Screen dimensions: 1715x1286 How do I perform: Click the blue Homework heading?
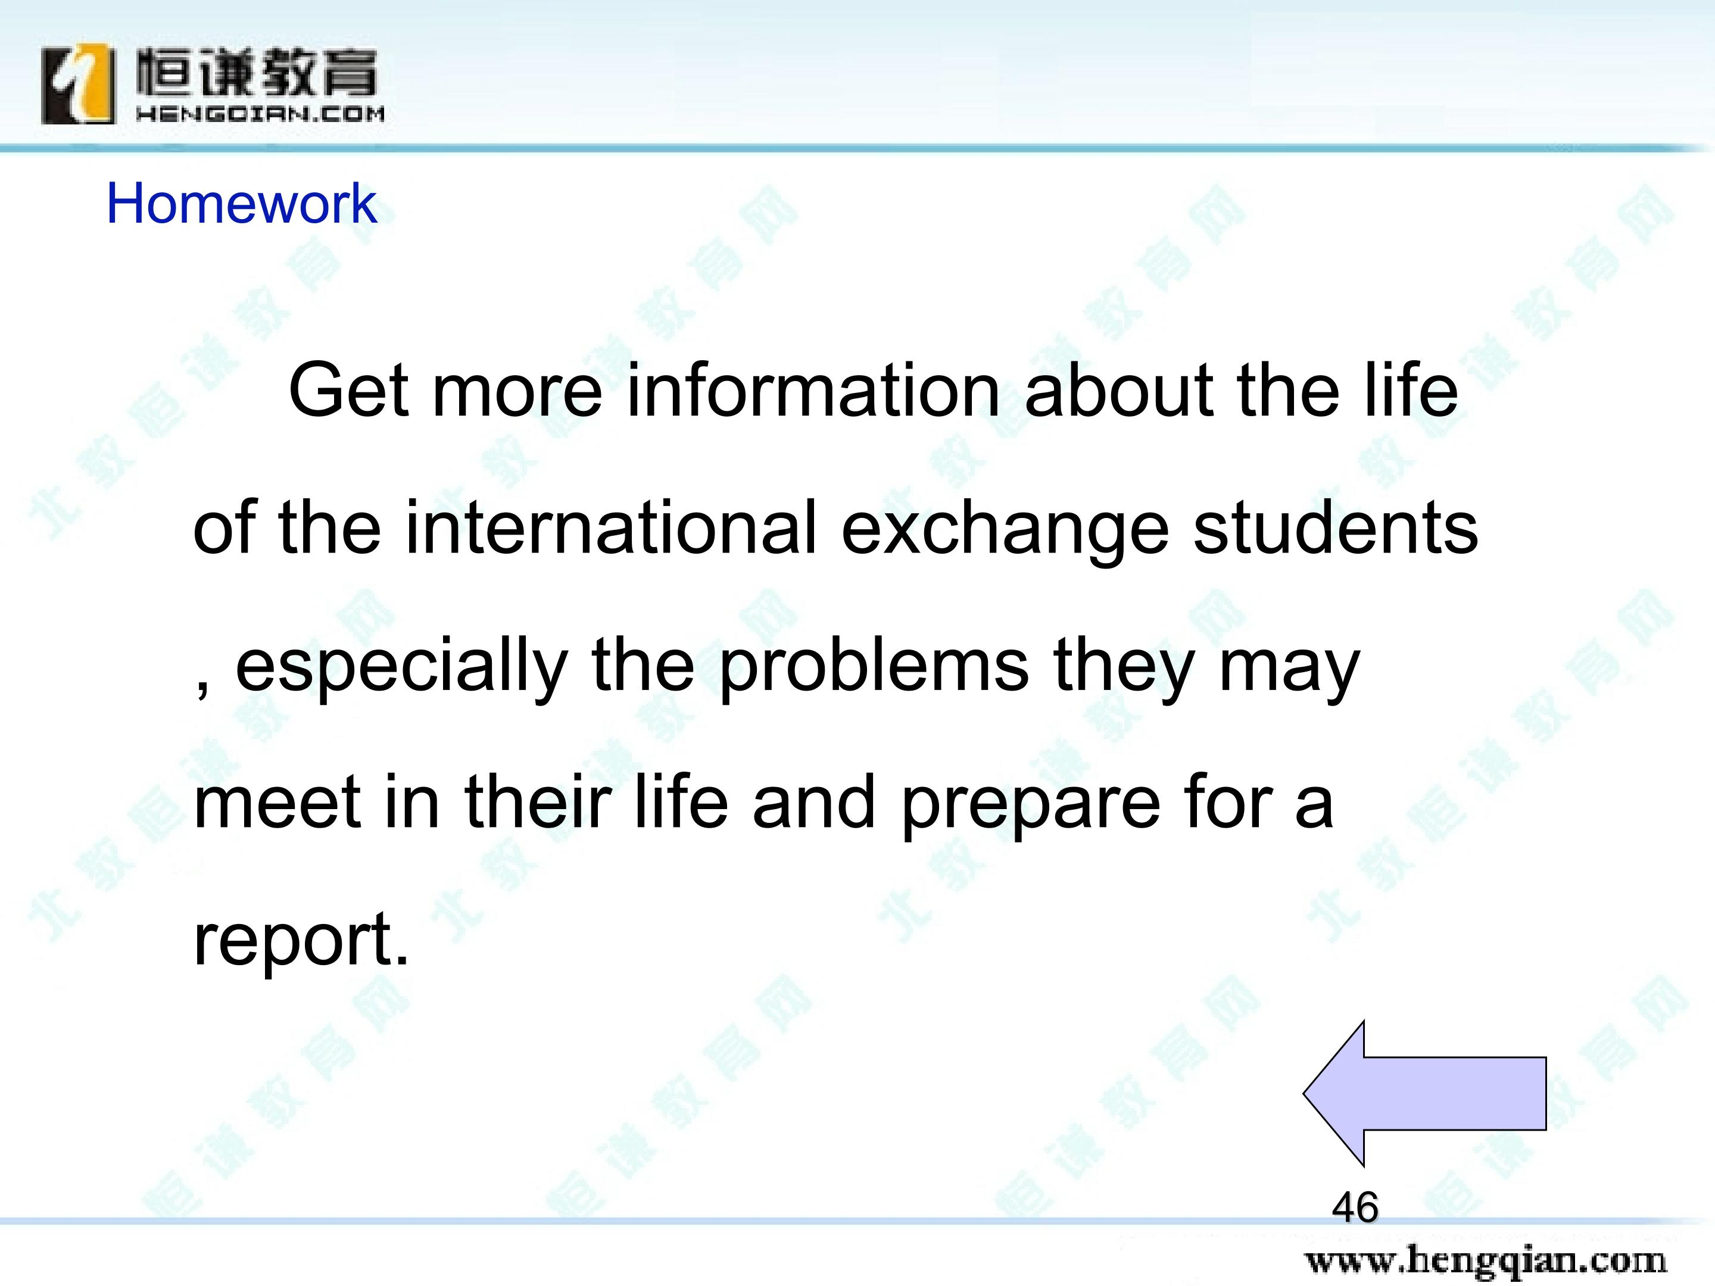(241, 203)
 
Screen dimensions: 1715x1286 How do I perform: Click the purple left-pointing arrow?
(1425, 1093)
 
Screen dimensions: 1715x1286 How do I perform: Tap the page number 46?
(1355, 1207)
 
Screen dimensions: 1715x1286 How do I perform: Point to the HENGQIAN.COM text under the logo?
(260, 114)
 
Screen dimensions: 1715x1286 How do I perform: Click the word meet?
(277, 803)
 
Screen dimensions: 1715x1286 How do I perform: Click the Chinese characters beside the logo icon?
(257, 73)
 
